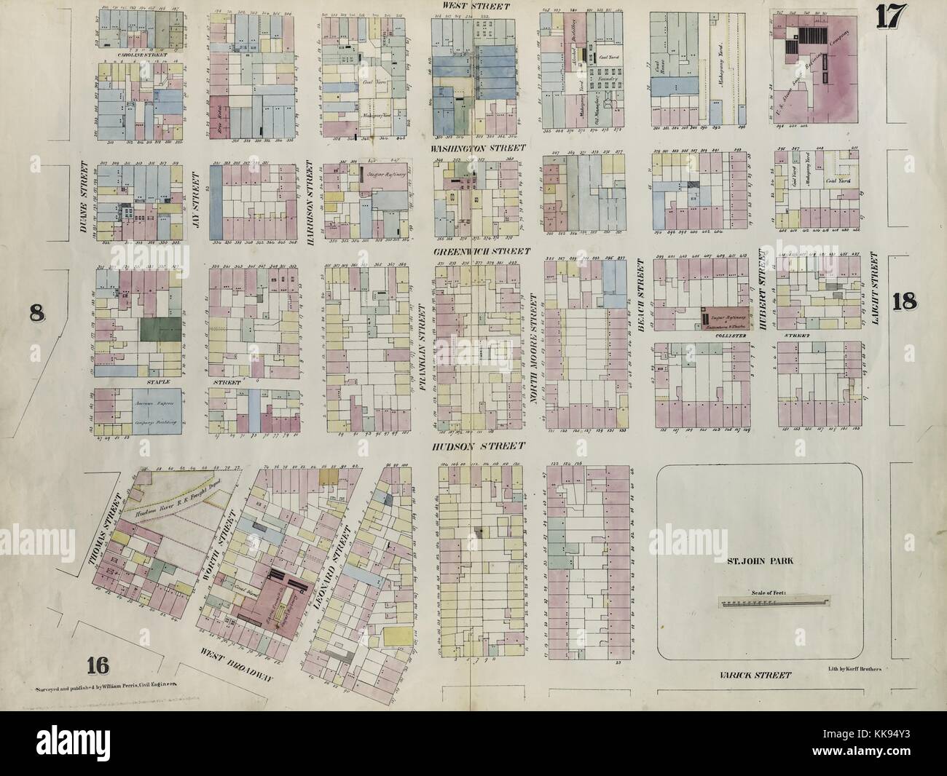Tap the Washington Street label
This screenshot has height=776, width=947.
coord(473,148)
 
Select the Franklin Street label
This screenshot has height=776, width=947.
coord(423,347)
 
